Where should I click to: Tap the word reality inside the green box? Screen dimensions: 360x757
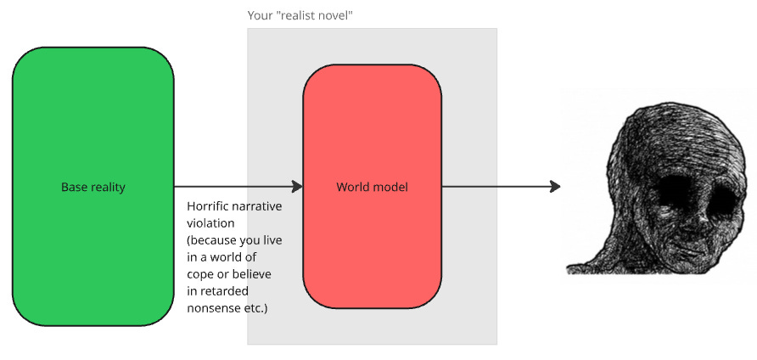click(108, 187)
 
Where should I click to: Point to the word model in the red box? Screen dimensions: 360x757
click(391, 187)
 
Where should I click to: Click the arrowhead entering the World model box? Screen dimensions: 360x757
click(297, 187)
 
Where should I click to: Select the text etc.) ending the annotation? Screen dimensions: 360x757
click(256, 308)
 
